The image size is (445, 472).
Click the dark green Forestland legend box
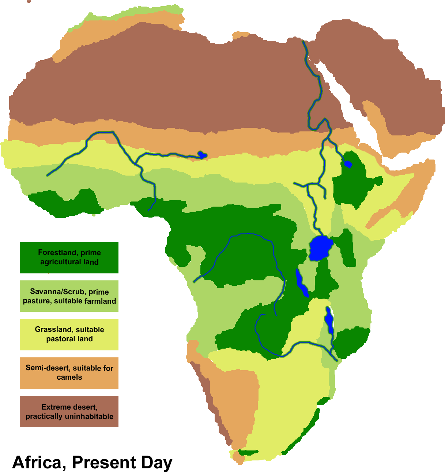click(69, 257)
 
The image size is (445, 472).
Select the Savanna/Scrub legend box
click(69, 296)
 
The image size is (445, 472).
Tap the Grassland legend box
click(69, 334)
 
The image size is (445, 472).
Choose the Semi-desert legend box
click(69, 373)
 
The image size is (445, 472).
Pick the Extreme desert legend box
click(69, 411)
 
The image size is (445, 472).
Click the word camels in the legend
click(69, 377)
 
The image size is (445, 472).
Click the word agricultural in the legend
click(61, 262)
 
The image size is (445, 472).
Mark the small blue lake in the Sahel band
click(202, 155)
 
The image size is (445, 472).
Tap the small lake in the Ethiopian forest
click(347, 164)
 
